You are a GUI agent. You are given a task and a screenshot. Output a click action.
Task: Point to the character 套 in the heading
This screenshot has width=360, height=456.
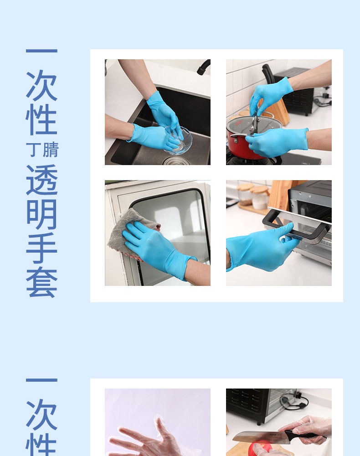[x=41, y=283]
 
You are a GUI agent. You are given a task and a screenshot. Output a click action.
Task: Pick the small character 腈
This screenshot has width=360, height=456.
[x=51, y=150]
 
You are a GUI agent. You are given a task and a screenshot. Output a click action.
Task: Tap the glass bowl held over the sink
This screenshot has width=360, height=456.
[x=179, y=140]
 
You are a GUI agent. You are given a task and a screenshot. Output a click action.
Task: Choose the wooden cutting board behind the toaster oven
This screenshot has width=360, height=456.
[x=279, y=194]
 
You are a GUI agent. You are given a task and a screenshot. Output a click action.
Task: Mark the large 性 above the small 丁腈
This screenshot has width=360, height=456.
[x=41, y=120]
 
